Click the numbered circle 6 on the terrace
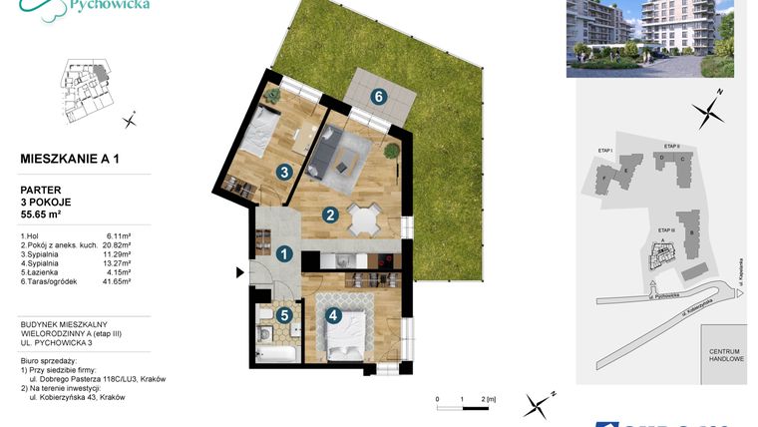(378, 97)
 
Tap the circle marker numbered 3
(284, 172)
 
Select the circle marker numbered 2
(329, 213)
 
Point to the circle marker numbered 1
(284, 254)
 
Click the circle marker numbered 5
(284, 315)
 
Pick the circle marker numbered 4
(332, 316)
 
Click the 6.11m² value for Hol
(127, 233)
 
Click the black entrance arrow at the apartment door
(239, 271)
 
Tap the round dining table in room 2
(365, 219)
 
